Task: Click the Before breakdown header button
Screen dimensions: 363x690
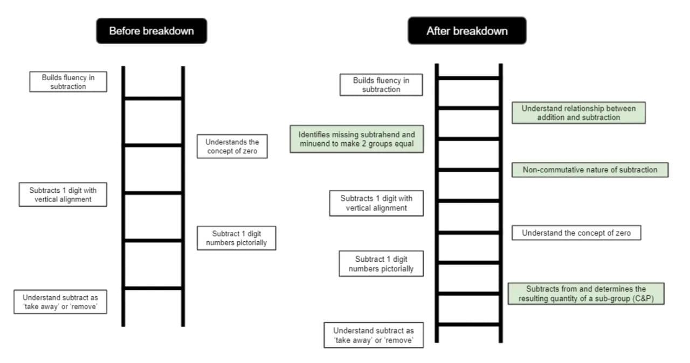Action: [x=151, y=31]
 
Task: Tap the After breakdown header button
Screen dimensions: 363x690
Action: [x=467, y=31]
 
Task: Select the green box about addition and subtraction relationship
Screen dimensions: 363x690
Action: [x=578, y=113]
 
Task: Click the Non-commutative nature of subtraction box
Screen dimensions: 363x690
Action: [x=590, y=170]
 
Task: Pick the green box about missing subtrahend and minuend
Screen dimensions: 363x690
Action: [x=356, y=139]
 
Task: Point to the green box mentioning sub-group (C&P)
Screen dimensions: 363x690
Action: [x=586, y=294]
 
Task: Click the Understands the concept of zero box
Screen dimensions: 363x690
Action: [x=232, y=146]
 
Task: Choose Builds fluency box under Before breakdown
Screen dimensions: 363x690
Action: [x=68, y=82]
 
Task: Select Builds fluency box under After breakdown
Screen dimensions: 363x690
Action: [x=381, y=85]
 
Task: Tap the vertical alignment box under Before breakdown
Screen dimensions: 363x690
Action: [x=68, y=194]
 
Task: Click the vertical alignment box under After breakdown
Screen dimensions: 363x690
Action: [x=376, y=203]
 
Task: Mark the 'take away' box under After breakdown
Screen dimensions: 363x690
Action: [x=373, y=335]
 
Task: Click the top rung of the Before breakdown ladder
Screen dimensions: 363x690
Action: [x=153, y=99]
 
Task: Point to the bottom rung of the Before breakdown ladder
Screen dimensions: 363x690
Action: [x=153, y=288]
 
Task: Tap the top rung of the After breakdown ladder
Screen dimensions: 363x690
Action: [x=468, y=78]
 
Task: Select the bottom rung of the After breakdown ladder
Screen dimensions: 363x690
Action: [x=468, y=324]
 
